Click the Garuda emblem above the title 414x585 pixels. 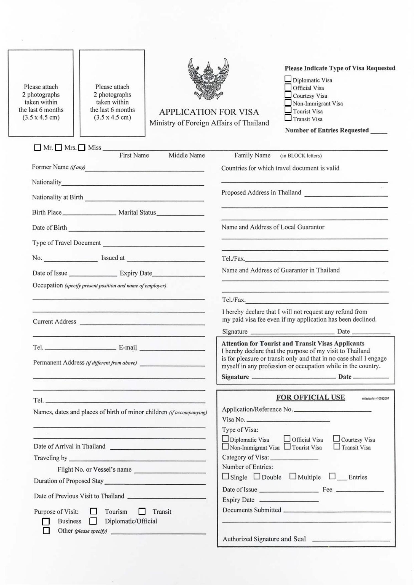(x=209, y=79)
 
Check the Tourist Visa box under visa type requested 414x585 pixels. (x=288, y=110)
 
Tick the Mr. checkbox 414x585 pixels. (x=38, y=148)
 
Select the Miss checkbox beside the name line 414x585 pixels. (x=82, y=148)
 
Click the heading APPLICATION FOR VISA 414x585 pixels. (x=209, y=112)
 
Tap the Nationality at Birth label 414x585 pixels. (x=57, y=197)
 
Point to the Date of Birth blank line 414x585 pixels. (x=137, y=230)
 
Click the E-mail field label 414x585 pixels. (x=128, y=348)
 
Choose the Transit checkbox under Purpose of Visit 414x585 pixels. (x=142, y=512)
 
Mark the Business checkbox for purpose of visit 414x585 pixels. (x=46, y=522)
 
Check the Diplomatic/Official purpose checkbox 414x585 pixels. (x=93, y=521)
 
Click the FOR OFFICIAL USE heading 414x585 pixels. (x=310, y=397)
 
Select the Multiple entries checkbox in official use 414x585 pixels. (x=293, y=476)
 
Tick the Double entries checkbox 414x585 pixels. (x=257, y=476)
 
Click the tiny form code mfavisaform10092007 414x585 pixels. (x=375, y=399)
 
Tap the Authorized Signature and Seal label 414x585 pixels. (x=264, y=539)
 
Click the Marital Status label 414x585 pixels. (x=137, y=212)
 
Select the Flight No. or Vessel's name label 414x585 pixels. (x=94, y=469)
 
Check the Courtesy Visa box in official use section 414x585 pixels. (x=336, y=438)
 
